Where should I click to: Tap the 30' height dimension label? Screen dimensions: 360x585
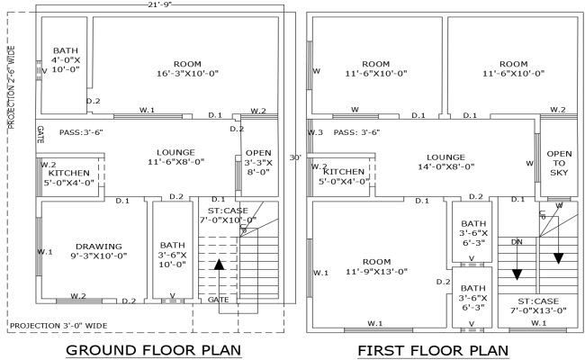pos(293,157)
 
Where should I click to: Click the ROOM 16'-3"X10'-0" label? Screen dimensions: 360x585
pos(187,68)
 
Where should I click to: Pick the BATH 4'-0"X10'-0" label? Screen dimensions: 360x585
pos(67,60)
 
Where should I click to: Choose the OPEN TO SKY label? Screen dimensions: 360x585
pos(559,162)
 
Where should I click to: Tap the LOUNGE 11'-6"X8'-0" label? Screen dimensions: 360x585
pos(169,157)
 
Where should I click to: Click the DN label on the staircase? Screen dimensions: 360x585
pos(517,242)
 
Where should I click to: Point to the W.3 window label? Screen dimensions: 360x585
pos(315,132)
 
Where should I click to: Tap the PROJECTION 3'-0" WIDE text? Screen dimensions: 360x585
pos(58,325)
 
